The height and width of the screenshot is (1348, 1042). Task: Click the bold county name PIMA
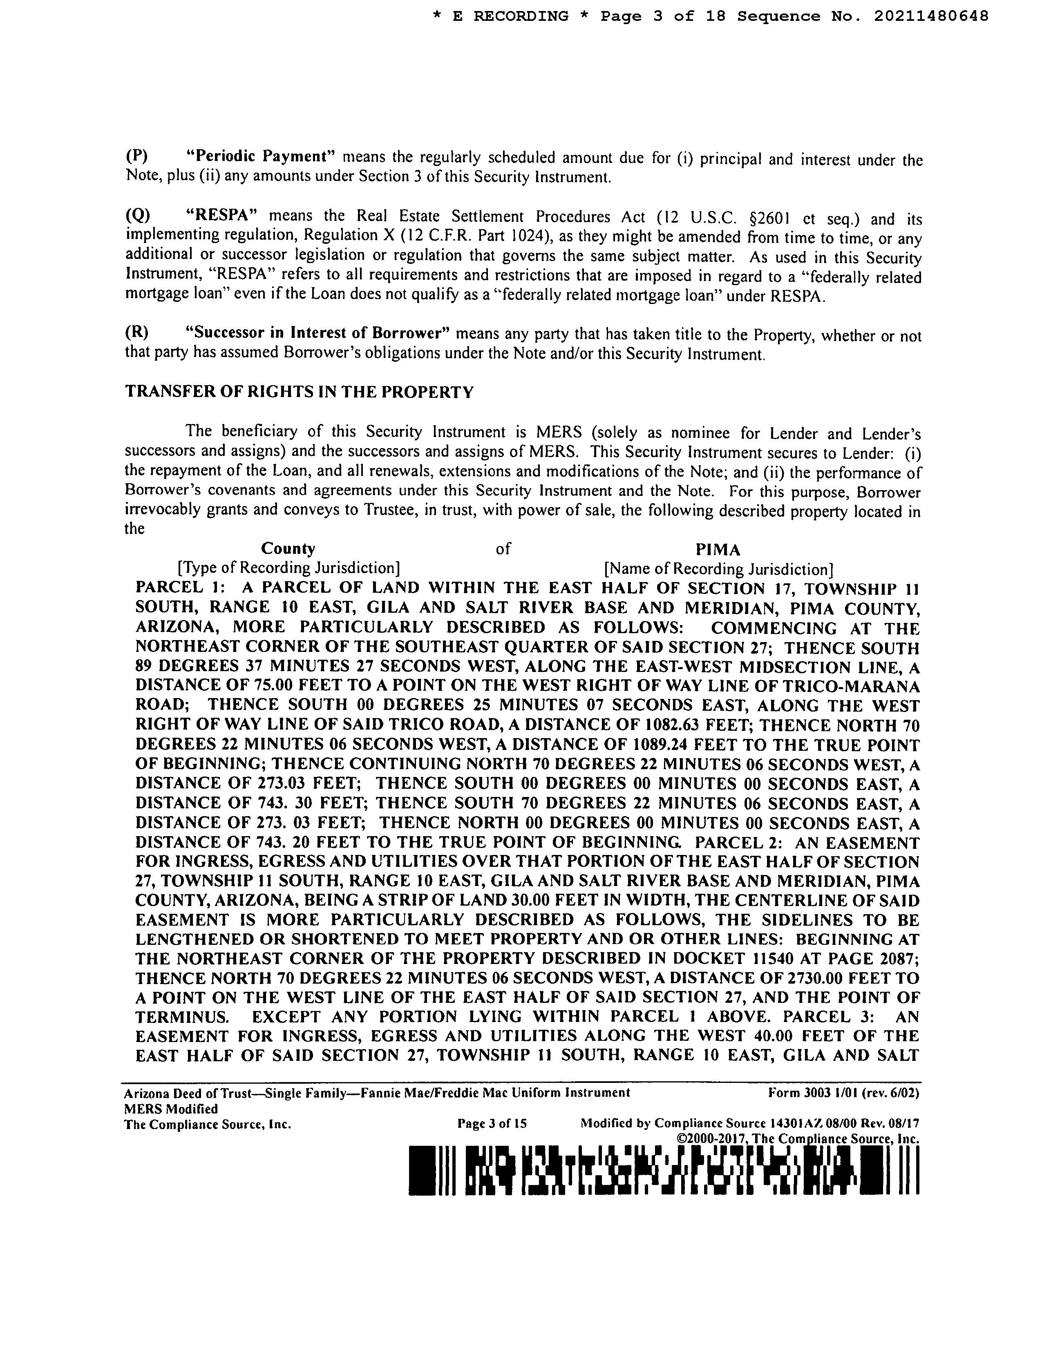pos(718,549)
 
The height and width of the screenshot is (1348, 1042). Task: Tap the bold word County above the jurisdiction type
pos(288,548)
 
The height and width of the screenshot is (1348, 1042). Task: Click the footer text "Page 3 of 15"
pos(492,1124)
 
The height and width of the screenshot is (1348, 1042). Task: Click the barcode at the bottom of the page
pos(664,1170)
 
